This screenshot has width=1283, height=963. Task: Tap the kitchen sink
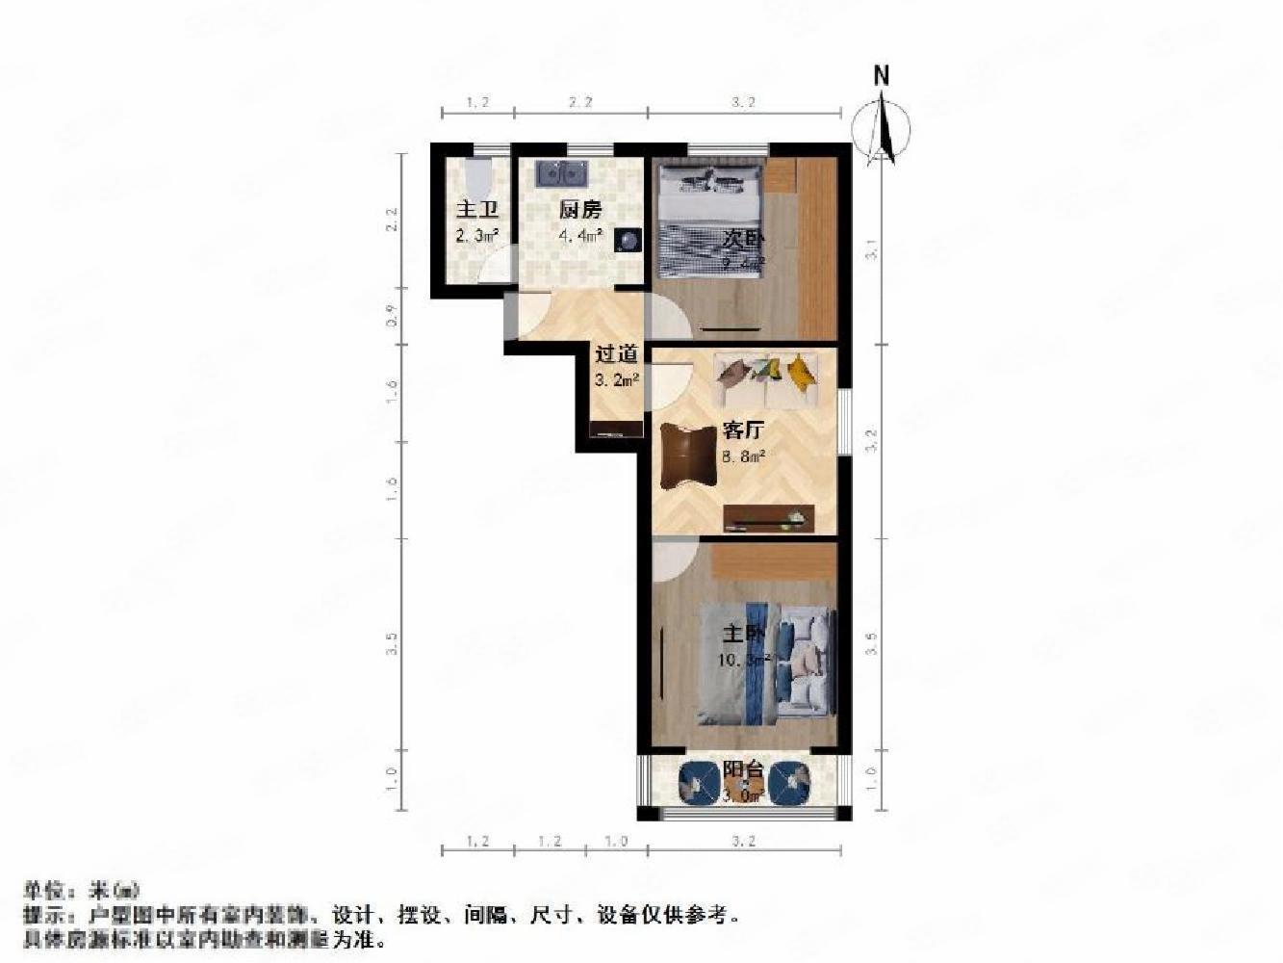point(561,173)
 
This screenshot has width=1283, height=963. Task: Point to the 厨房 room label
point(580,209)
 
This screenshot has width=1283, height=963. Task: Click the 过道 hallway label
point(616,354)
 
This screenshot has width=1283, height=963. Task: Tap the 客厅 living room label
point(742,430)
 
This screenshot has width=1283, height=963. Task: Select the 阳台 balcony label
point(743,770)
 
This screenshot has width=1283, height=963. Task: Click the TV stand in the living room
point(768,518)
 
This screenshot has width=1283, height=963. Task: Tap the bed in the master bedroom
point(765,663)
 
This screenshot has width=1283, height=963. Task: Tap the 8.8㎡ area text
point(742,456)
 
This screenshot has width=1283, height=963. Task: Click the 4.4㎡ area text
point(580,235)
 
